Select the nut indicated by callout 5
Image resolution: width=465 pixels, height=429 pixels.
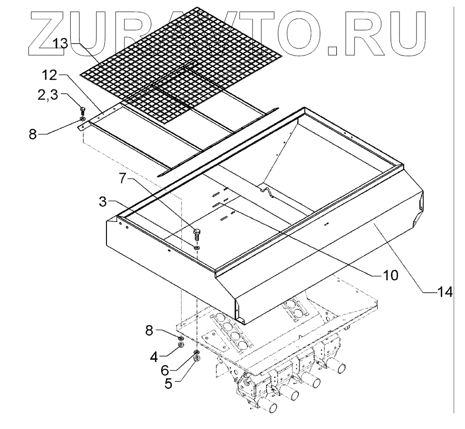[197, 360]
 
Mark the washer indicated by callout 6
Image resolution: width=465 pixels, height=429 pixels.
[197, 353]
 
